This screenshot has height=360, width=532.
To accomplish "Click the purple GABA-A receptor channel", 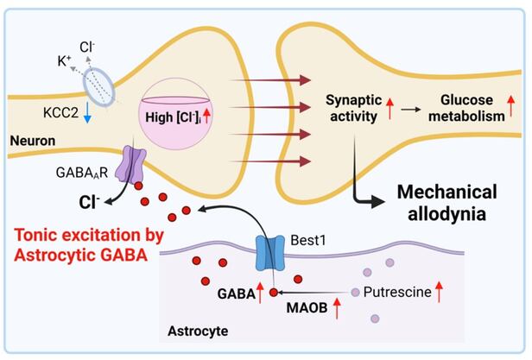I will pyautogui.click(x=134, y=164).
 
